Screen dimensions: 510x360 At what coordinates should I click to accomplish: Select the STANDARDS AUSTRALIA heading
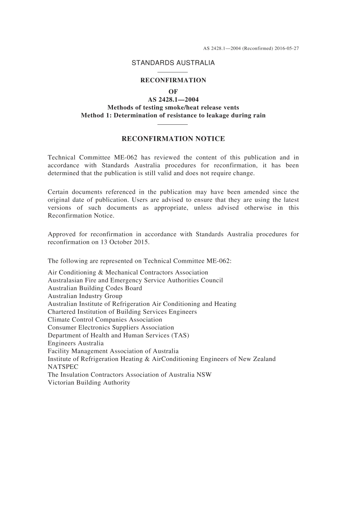coord(173,63)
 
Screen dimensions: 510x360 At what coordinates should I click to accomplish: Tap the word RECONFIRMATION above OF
coord(173,80)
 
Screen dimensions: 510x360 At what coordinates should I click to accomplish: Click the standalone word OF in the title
coord(173,92)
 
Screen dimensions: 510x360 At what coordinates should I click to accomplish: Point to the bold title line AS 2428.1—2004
coord(173,100)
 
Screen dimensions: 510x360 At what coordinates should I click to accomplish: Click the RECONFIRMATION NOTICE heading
coord(173,139)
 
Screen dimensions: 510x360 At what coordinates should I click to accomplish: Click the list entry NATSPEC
coord(63,367)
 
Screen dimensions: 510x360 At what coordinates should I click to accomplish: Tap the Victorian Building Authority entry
coord(89,383)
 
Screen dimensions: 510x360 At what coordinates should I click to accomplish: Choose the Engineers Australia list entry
coord(75,343)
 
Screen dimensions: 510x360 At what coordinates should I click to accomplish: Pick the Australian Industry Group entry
coord(85,296)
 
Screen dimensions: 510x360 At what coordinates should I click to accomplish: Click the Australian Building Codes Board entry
coord(95,288)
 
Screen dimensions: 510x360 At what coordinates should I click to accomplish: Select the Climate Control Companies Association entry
coord(105,320)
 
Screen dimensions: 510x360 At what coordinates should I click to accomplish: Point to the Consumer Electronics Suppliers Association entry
coord(111,328)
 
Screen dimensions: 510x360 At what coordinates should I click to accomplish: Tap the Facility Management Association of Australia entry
coord(113,351)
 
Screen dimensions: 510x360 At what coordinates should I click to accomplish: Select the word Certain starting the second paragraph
coord(58,192)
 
